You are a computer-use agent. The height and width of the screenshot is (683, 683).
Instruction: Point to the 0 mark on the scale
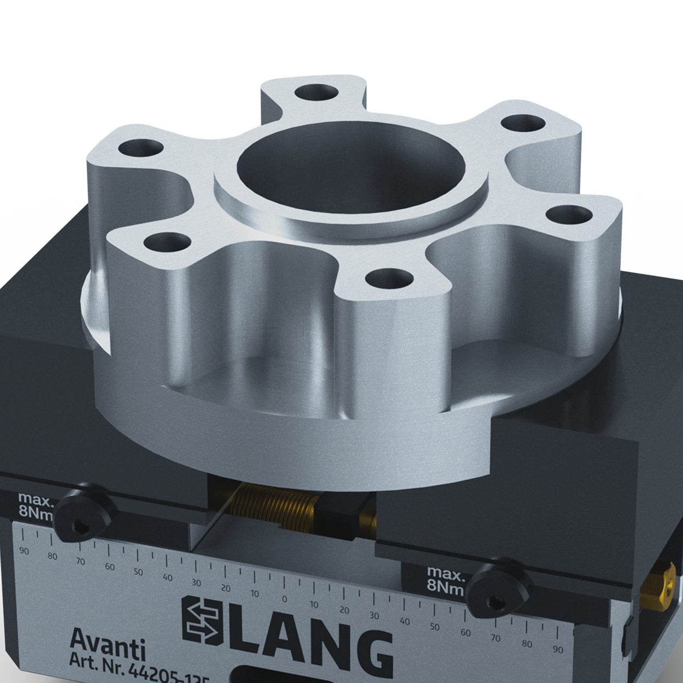pos(284,596)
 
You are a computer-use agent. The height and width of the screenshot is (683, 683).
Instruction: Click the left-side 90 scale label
pos(23,551)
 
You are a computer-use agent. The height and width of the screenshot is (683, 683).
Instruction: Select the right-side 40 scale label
pos(405,621)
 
